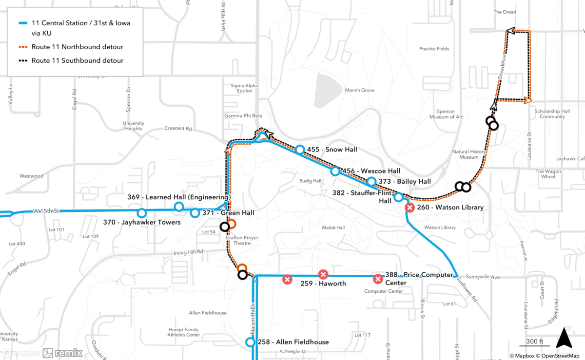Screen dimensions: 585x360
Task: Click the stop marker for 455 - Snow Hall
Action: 300,150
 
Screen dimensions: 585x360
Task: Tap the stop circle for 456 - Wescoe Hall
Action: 335,171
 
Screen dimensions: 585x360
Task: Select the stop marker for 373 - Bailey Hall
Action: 371,182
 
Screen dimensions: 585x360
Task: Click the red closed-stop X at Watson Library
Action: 410,208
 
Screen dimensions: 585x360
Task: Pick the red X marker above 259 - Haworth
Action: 323,274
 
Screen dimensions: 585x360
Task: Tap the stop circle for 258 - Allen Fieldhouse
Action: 251,342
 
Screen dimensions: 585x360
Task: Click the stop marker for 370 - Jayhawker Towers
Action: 141,213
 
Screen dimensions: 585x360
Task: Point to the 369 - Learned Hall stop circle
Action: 179,207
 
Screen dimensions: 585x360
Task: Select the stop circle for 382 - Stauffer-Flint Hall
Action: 398,197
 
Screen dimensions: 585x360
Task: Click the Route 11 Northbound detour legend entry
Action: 77,47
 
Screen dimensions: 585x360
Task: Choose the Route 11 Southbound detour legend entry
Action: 77,60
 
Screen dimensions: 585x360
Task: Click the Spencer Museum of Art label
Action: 446,114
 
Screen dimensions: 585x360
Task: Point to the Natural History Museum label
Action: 469,154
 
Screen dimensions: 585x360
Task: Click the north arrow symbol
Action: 564,338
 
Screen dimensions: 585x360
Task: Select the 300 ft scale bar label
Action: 534,341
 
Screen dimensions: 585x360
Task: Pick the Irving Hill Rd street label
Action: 188,252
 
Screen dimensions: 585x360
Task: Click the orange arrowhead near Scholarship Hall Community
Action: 527,100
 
